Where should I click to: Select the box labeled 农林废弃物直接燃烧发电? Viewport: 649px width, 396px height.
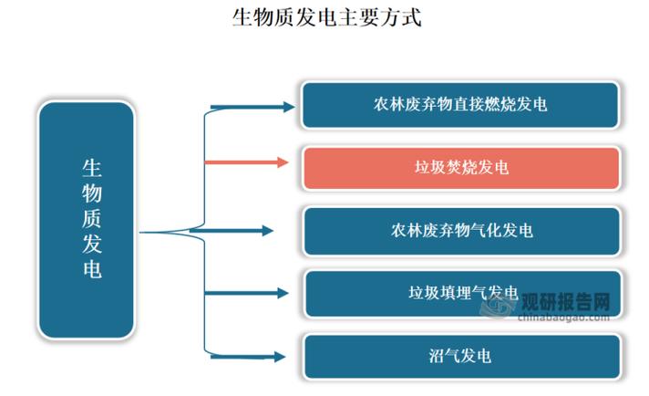click(x=460, y=105)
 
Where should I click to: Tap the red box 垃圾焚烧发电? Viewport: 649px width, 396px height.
click(x=460, y=168)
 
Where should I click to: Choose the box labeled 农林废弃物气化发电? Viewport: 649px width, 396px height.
click(x=460, y=230)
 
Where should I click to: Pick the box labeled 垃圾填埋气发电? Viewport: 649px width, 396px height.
click(x=460, y=293)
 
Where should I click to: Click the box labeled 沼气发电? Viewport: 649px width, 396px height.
click(x=460, y=356)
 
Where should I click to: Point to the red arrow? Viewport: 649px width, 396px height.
click(x=246, y=162)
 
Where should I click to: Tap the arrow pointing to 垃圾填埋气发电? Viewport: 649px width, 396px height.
click(x=246, y=293)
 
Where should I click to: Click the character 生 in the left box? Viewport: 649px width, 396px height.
click(x=92, y=168)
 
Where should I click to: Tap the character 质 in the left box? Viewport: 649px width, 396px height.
click(x=92, y=219)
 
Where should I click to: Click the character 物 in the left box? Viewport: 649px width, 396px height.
click(x=92, y=193)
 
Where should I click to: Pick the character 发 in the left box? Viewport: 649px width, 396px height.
click(x=92, y=245)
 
